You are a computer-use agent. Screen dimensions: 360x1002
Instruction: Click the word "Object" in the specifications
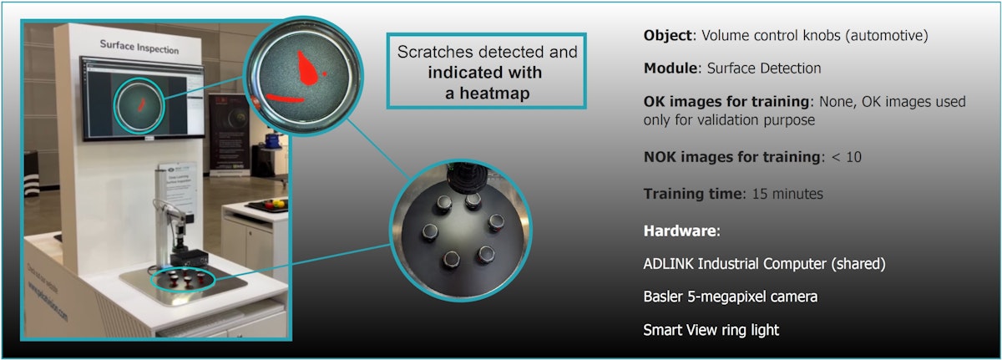click(666, 37)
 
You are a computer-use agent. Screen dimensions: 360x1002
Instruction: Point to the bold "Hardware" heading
click(675, 230)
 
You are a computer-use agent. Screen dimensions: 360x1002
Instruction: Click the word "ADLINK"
click(670, 264)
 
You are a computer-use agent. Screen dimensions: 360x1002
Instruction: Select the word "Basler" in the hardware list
click(664, 297)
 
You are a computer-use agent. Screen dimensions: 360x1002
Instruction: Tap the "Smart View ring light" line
click(711, 330)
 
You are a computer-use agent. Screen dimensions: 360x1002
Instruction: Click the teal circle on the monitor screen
click(139, 104)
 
